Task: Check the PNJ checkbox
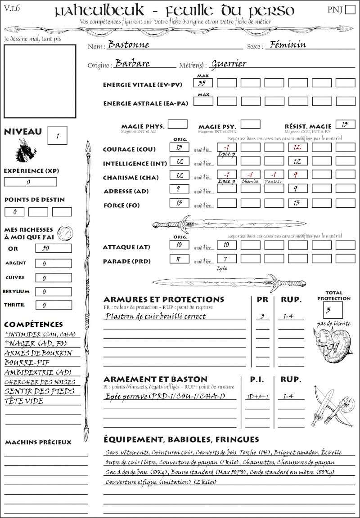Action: [x=349, y=10]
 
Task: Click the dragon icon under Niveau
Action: [x=25, y=151]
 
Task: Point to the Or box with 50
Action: [x=53, y=249]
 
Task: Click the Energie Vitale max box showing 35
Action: [x=203, y=83]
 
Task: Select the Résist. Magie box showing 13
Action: [x=345, y=124]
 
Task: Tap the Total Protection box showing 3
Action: [x=333, y=309]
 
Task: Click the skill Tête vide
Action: [x=24, y=401]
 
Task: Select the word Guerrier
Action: [x=229, y=64]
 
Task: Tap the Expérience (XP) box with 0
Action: [x=30, y=182]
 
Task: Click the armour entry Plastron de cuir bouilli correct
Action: [x=155, y=316]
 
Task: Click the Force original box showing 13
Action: [x=179, y=203]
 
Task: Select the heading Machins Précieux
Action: [x=38, y=442]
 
